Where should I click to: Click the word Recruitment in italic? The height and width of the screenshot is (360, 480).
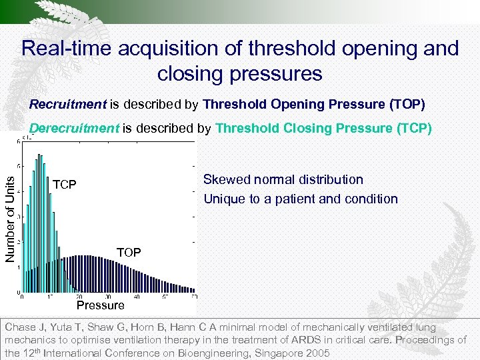pyautogui.click(x=68, y=105)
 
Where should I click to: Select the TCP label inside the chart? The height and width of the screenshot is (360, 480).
pyautogui.click(x=65, y=184)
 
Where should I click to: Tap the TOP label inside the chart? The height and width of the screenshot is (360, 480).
pyautogui.click(x=129, y=252)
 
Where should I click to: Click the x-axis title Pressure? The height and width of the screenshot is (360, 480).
pyautogui.click(x=100, y=305)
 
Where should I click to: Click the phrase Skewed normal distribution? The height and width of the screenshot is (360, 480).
pyautogui.click(x=283, y=179)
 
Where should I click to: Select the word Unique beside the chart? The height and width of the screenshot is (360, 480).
pyautogui.click(x=223, y=199)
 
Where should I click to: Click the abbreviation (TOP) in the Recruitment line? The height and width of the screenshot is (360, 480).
pyautogui.click(x=405, y=105)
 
